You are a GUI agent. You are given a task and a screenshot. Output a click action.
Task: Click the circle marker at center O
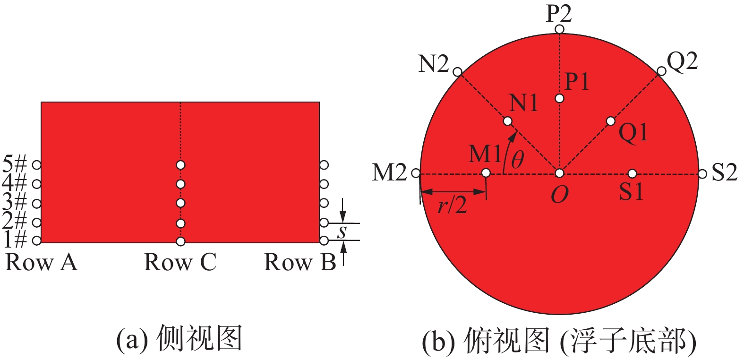[x=559, y=173]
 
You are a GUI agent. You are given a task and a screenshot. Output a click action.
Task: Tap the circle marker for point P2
[x=559, y=29]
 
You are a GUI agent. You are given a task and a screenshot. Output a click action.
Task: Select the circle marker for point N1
[x=507, y=121]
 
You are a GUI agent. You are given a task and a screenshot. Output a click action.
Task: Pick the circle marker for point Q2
[x=661, y=71]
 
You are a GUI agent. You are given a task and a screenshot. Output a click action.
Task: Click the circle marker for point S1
[x=632, y=173]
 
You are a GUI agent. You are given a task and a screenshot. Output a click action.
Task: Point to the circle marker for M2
[x=416, y=173]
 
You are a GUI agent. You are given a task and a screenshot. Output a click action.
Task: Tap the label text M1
[x=485, y=154]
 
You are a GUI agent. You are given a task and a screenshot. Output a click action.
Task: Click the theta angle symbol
[x=518, y=159]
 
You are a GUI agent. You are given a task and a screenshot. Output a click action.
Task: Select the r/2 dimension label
[x=452, y=205]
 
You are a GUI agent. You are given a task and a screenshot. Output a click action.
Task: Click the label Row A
[x=41, y=262]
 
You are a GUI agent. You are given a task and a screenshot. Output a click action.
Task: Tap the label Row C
[x=180, y=262]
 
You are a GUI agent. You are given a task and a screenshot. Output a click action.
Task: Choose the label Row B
[x=300, y=262]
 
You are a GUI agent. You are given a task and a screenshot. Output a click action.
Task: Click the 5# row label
[x=14, y=165]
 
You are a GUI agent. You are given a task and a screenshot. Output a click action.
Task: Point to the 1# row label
[x=14, y=240]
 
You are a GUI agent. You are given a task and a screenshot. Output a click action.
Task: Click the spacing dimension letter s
[x=342, y=231]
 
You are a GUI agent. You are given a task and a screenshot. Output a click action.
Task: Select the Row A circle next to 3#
[x=36, y=204]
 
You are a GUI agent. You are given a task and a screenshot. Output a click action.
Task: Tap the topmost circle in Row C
[x=180, y=165]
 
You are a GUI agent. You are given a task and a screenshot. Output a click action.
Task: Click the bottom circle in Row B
[x=324, y=241]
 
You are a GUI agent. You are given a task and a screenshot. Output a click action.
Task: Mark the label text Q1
[x=633, y=133]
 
